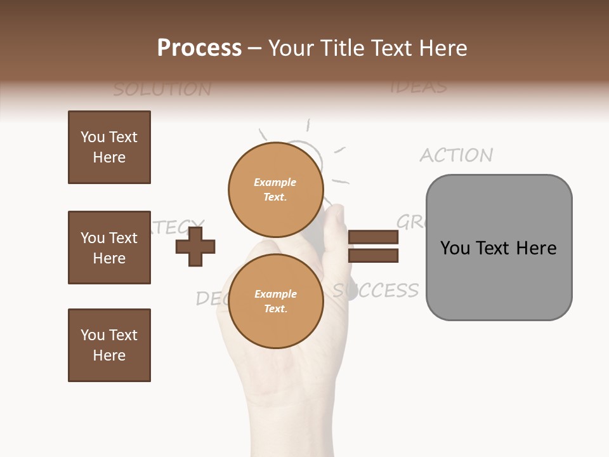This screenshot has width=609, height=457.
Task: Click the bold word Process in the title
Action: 199,48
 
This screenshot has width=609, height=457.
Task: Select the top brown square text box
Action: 109,147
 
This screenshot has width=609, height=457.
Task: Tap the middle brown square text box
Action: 109,248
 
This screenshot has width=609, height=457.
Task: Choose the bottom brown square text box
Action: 109,345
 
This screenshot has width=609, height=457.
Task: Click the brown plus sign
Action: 195,246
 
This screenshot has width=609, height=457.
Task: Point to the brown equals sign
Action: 374,246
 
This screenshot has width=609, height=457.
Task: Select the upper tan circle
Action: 276,189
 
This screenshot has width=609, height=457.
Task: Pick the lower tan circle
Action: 276,301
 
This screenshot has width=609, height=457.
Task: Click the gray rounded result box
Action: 499,248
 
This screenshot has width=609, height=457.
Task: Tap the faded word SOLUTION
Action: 162,89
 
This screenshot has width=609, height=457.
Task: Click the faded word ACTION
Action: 456,155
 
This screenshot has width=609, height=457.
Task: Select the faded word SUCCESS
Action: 376,290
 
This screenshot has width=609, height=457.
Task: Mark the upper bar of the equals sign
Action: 374,237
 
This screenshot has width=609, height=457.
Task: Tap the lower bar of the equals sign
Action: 374,256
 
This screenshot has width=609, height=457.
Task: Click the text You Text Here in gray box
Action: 499,248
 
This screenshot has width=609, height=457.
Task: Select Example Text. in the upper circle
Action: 275,190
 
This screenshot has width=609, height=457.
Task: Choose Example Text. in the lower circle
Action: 275,301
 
